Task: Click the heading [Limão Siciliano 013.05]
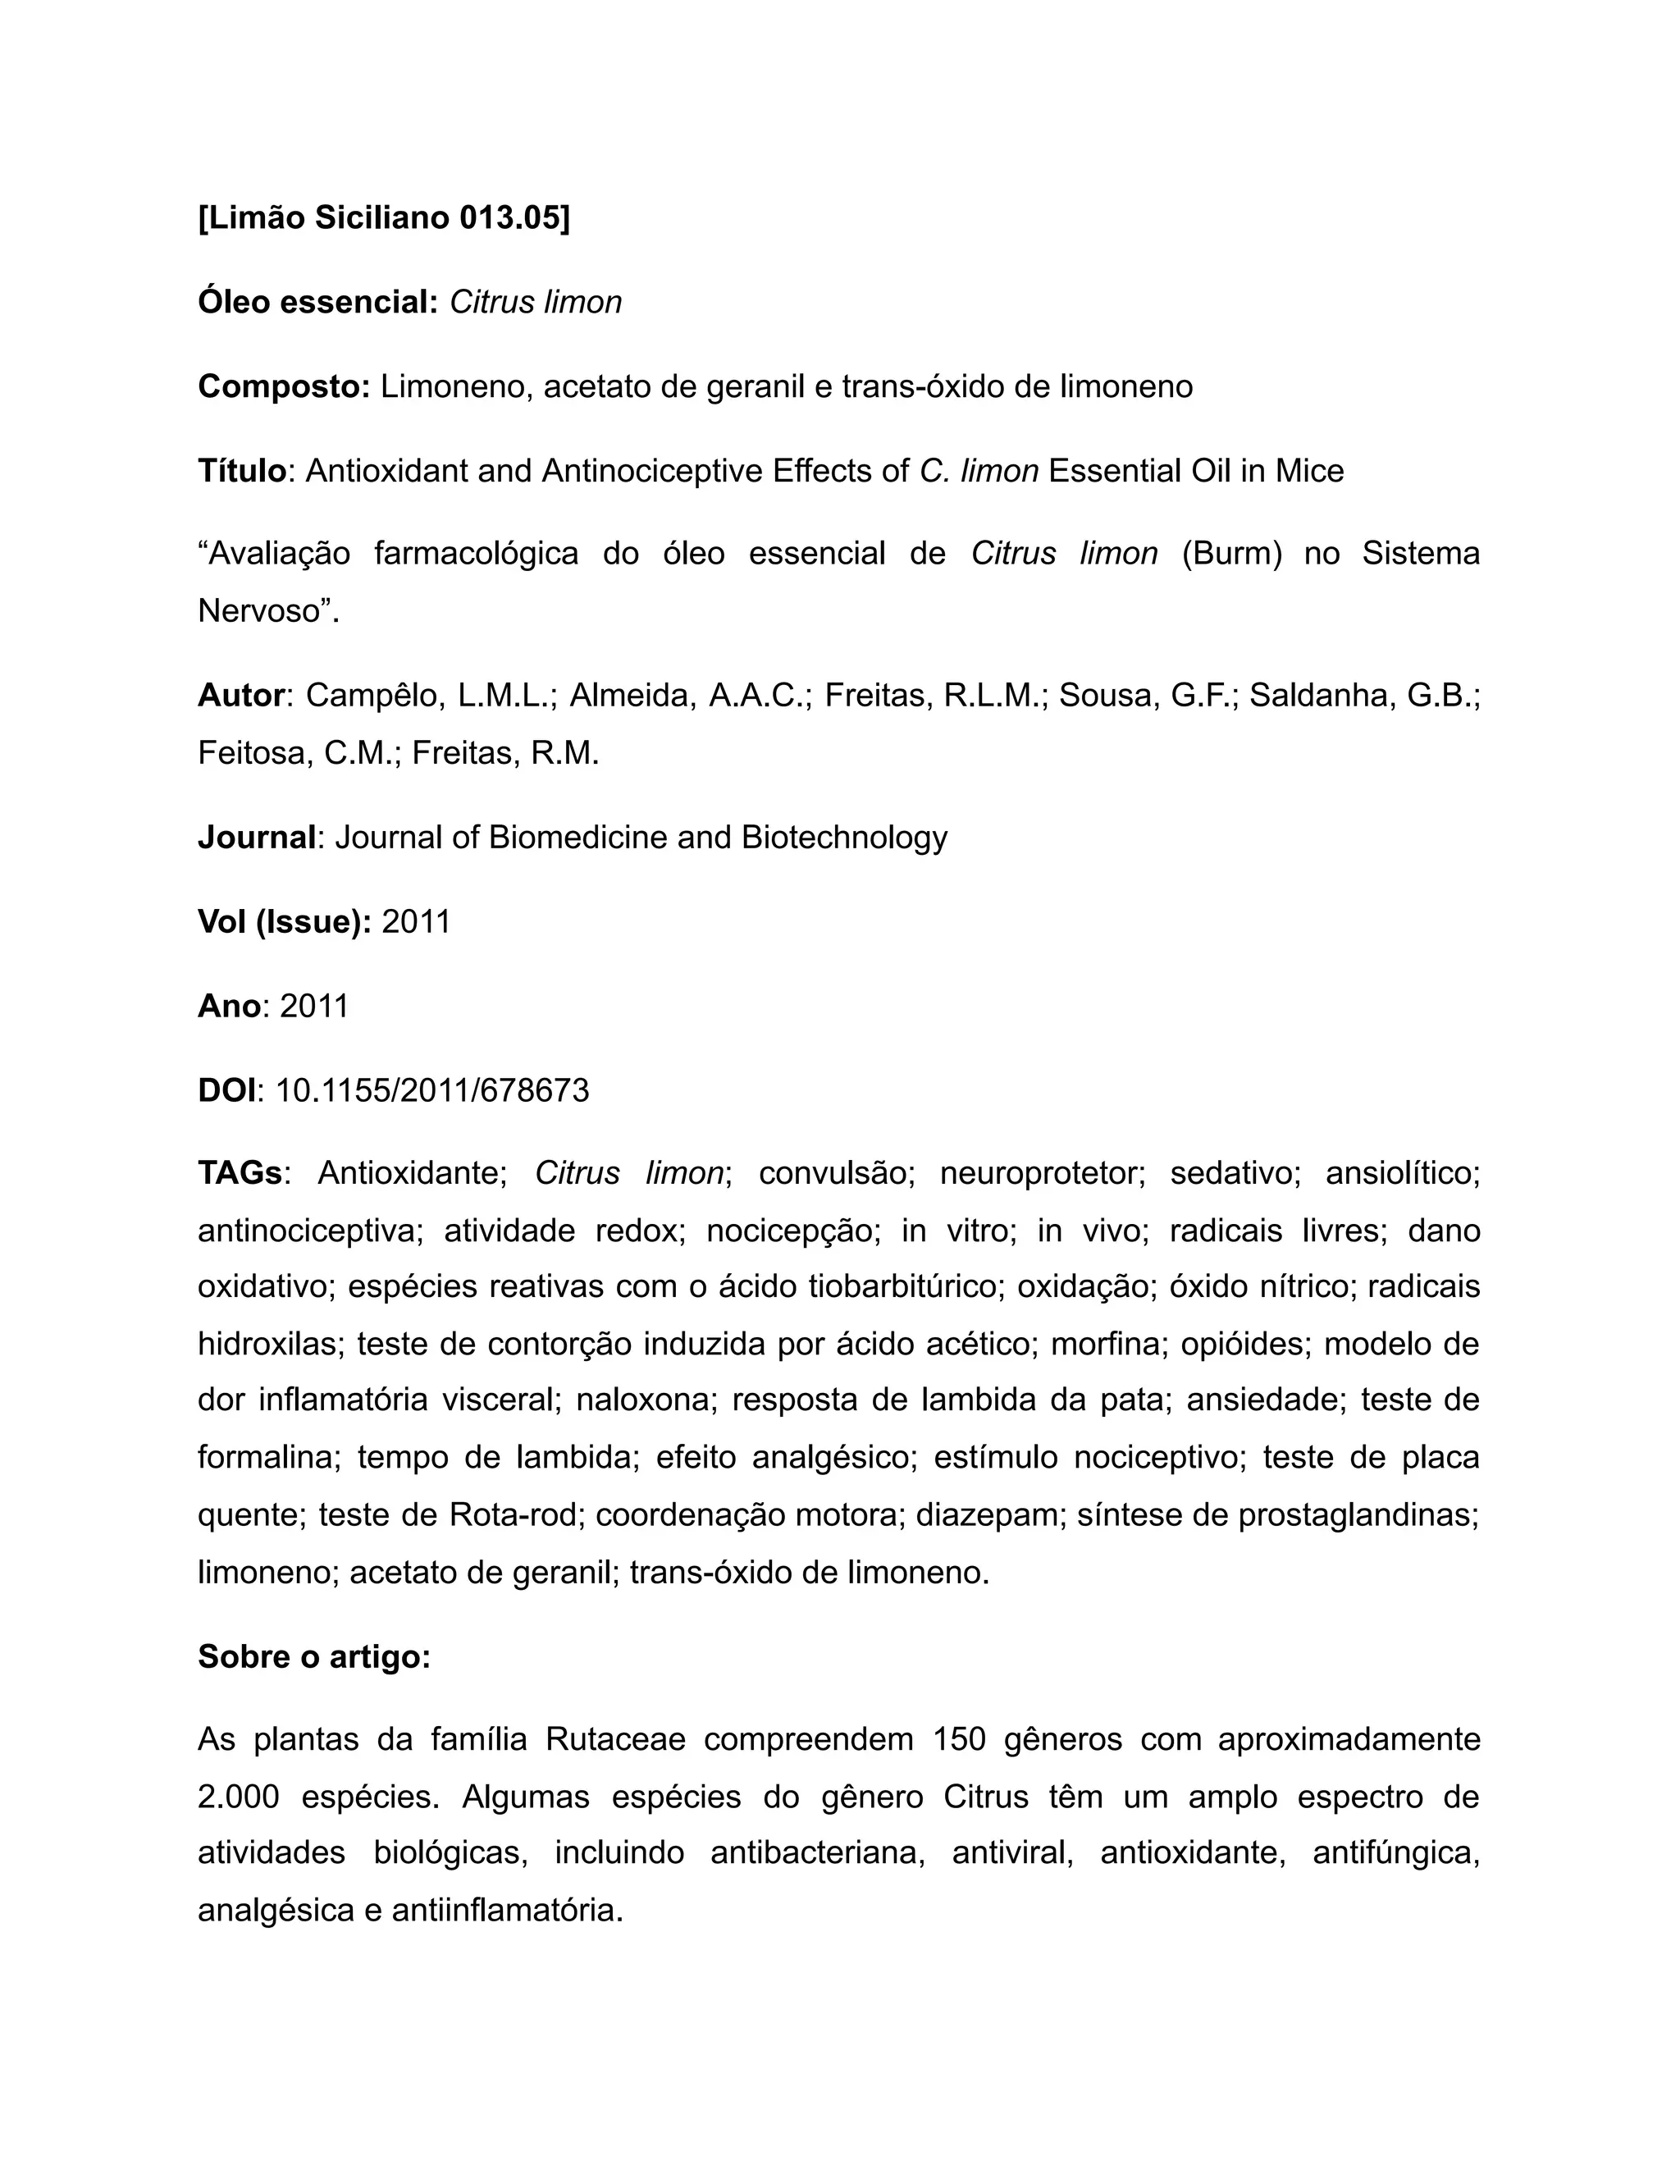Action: [384, 217]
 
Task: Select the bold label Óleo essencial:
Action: [317, 302]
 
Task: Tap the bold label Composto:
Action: [284, 386]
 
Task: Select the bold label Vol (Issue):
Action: [285, 923]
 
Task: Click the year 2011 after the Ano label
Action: [314, 1007]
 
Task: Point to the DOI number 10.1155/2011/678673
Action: [432, 1091]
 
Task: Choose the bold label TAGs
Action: [240, 1174]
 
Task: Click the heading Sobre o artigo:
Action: [313, 1656]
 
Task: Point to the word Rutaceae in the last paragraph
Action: [615, 1740]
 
